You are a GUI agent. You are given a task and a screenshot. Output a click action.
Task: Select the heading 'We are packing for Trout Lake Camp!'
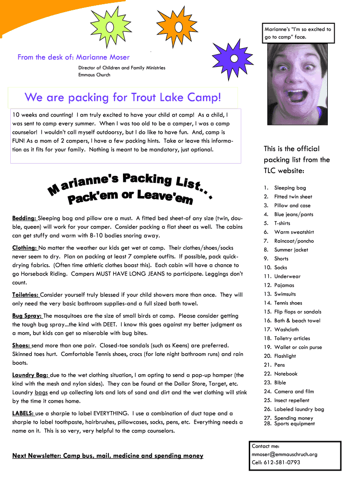[122, 98]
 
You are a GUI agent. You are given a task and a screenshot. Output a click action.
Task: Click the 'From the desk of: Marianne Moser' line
[74, 57]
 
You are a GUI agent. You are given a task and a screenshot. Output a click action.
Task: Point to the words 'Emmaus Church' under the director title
[94, 75]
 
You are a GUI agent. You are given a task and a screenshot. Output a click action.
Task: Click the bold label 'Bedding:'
[24, 218]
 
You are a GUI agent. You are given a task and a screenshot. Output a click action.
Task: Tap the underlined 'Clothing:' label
[25, 248]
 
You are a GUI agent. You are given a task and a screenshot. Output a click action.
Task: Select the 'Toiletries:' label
[26, 295]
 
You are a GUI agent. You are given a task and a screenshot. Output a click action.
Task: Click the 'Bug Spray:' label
[27, 316]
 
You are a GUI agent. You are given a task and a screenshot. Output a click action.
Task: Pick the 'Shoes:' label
[22, 345]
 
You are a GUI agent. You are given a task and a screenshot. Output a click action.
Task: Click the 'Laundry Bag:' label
[30, 375]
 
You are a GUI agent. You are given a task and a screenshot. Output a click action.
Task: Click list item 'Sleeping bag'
[290, 188]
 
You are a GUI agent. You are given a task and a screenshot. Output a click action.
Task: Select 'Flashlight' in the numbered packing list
[285, 356]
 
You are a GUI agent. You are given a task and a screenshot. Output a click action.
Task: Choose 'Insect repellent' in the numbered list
[292, 400]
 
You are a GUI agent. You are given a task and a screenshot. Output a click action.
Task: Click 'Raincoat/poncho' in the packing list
[294, 241]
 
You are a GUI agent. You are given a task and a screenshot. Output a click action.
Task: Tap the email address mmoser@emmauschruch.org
[284, 454]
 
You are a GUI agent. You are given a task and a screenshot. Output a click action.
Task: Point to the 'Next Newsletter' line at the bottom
[108, 456]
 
